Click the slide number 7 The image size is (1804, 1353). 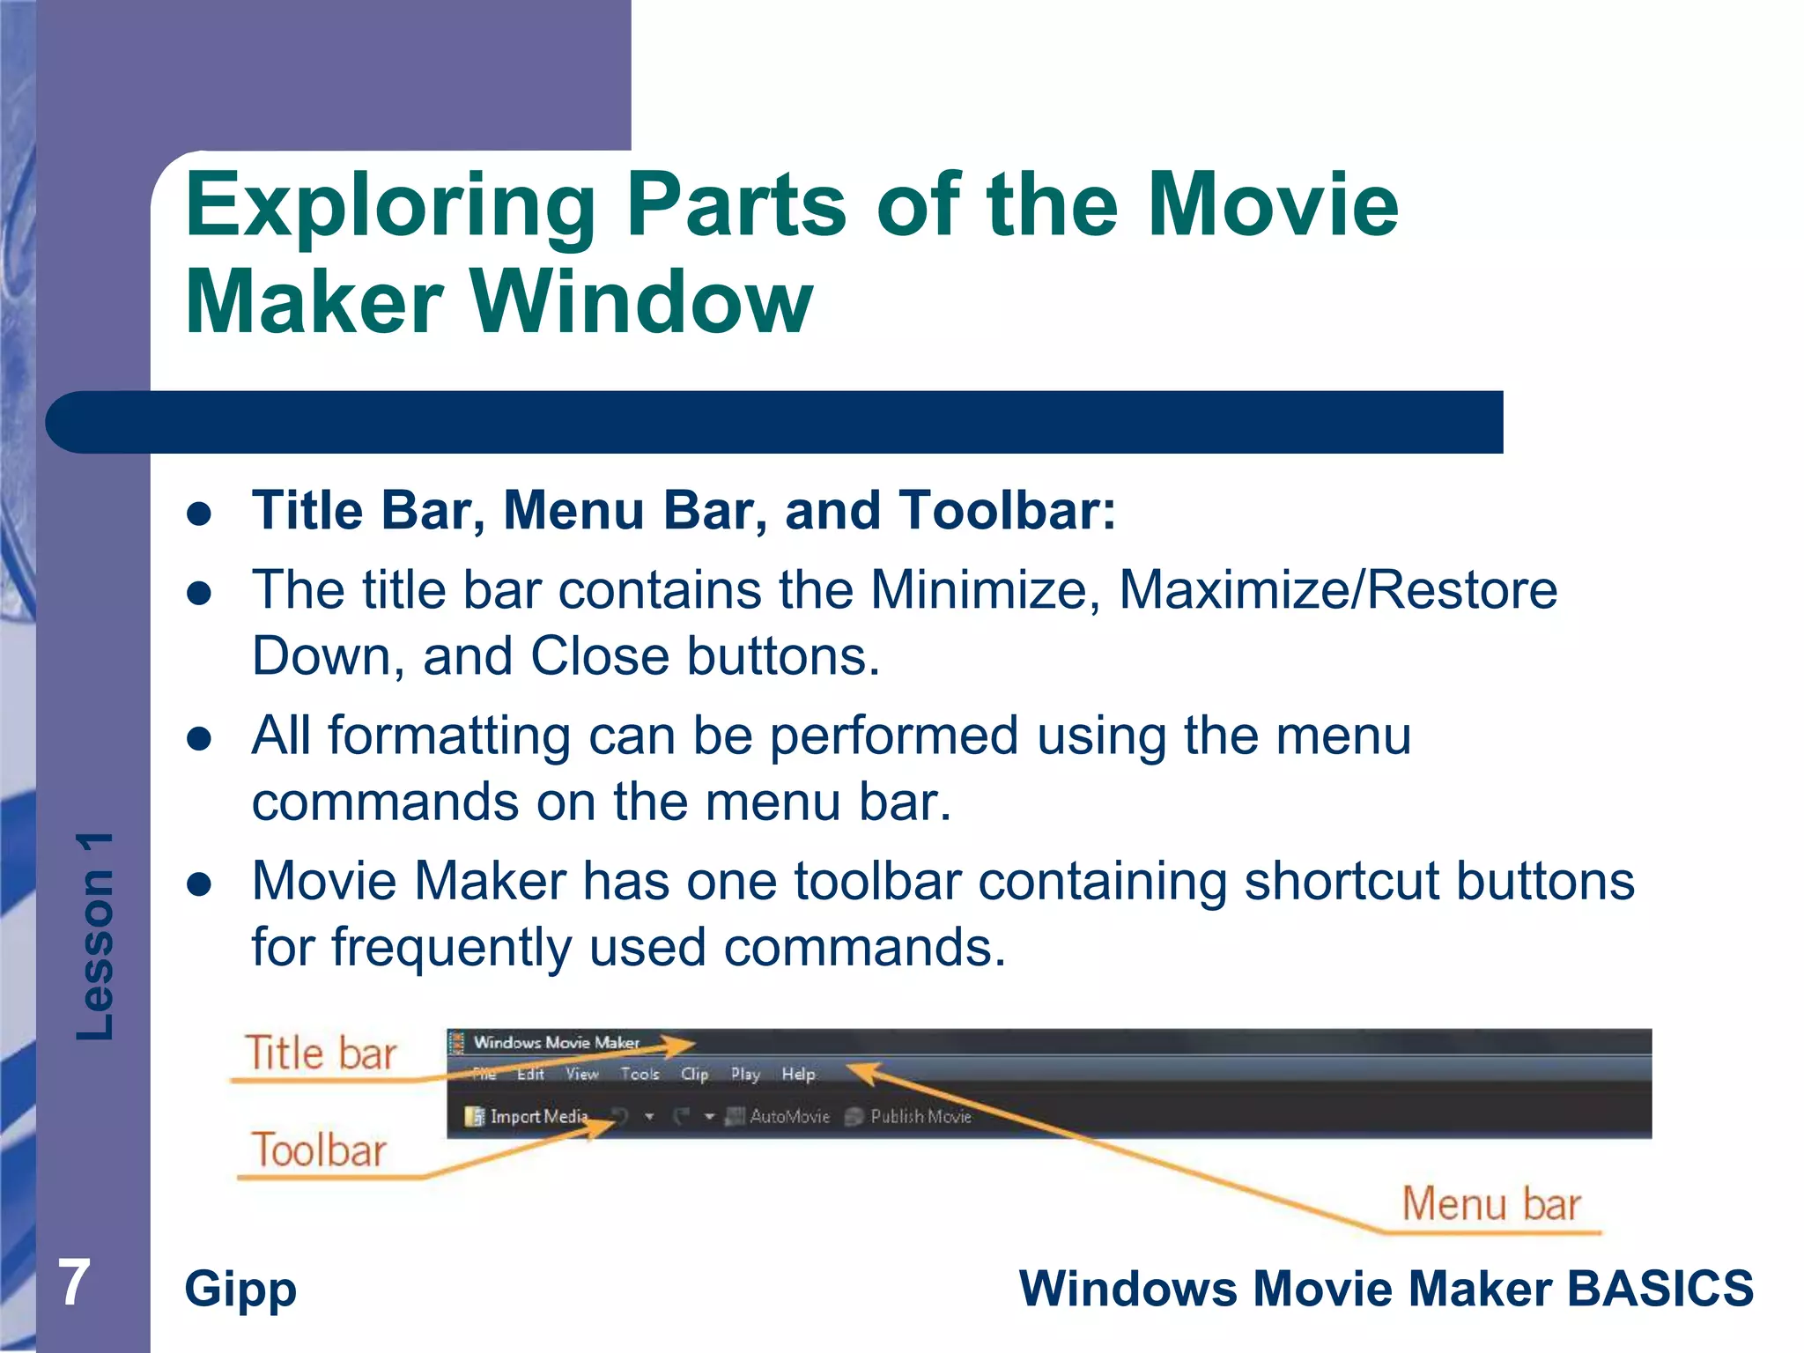tap(74, 1283)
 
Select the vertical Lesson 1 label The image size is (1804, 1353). tap(95, 936)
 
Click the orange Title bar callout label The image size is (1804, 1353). tap(321, 1054)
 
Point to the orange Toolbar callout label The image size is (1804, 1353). tap(319, 1150)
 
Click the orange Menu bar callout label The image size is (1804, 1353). tap(1491, 1204)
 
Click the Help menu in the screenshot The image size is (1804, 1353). tap(798, 1075)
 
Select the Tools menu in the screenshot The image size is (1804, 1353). tap(640, 1075)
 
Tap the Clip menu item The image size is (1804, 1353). tap(694, 1075)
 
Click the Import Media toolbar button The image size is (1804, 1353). tap(529, 1117)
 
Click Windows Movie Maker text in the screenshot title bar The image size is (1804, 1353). tap(556, 1043)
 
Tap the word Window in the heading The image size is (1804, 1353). tap(642, 302)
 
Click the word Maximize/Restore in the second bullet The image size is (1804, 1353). tap(1337, 589)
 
